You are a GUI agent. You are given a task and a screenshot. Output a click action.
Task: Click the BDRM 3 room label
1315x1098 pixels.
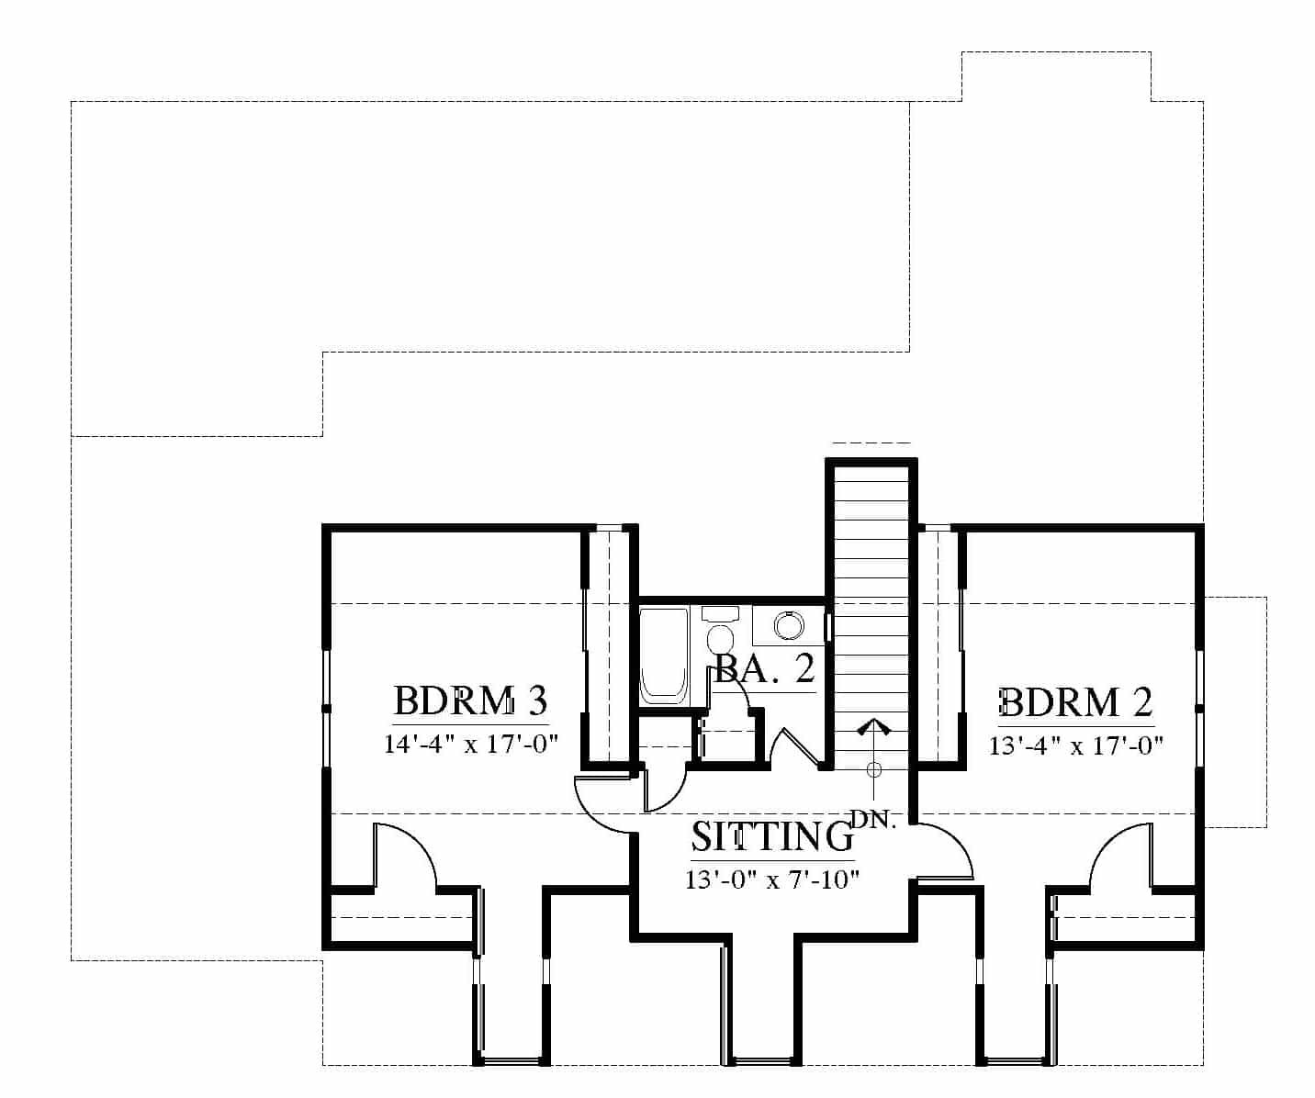click(x=470, y=700)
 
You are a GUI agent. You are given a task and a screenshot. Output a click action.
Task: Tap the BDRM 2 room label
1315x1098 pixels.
click(x=1075, y=702)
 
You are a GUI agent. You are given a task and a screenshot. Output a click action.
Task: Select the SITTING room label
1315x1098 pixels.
click(x=773, y=836)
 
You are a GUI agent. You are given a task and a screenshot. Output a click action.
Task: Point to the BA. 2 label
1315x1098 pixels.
click(x=765, y=669)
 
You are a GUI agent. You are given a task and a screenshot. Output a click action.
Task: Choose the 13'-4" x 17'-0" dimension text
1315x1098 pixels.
click(x=1075, y=746)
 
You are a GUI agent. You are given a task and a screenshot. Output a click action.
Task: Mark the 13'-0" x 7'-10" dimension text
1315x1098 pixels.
click(x=773, y=879)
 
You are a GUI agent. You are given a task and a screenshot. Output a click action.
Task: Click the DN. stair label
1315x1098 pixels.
click(x=873, y=819)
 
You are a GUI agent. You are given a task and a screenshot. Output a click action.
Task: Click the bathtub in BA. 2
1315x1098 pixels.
click(x=664, y=655)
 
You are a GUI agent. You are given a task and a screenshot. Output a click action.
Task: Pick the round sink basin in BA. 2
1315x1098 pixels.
click(x=789, y=626)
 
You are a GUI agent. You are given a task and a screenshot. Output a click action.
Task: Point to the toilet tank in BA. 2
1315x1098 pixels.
click(x=721, y=613)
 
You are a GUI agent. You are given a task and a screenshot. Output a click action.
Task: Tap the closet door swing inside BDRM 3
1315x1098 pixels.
click(x=405, y=857)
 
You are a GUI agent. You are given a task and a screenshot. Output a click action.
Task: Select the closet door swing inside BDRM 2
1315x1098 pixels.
click(x=1122, y=857)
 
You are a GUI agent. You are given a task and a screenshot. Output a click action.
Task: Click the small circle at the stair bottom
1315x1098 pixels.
click(x=873, y=768)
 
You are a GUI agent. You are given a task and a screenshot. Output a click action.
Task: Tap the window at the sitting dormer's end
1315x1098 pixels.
click(x=763, y=1062)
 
